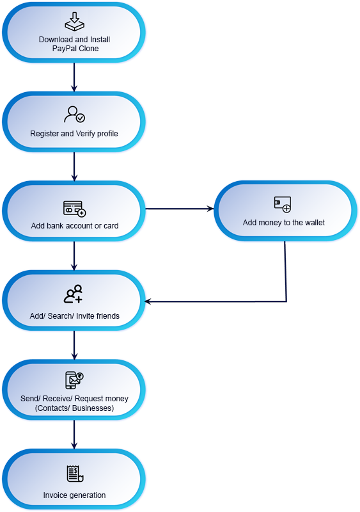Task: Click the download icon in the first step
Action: coord(74,22)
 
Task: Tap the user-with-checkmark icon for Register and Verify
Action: coord(74,115)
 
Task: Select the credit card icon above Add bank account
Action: coord(74,209)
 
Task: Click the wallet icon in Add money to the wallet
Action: coord(283,204)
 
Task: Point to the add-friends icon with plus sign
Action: coord(74,294)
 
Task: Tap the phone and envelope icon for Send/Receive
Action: coord(74,380)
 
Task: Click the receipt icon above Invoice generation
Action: coord(75,474)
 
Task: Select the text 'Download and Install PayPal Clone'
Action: coord(75,44)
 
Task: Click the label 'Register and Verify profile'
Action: coord(74,134)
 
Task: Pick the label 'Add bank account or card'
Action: coord(75,226)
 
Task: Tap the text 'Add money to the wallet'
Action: coord(284,223)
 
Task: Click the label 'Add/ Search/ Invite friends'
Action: coord(74,316)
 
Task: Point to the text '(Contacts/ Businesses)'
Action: coord(74,408)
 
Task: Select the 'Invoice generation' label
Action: coord(74,495)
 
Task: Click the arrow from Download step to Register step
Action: coord(74,77)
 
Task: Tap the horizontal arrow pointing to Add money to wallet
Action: coord(179,209)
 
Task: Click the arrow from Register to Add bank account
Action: coord(74,166)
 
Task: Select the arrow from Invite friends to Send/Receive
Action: coord(74,345)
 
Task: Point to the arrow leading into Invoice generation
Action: coord(74,435)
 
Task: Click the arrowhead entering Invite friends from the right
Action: coord(147,301)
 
